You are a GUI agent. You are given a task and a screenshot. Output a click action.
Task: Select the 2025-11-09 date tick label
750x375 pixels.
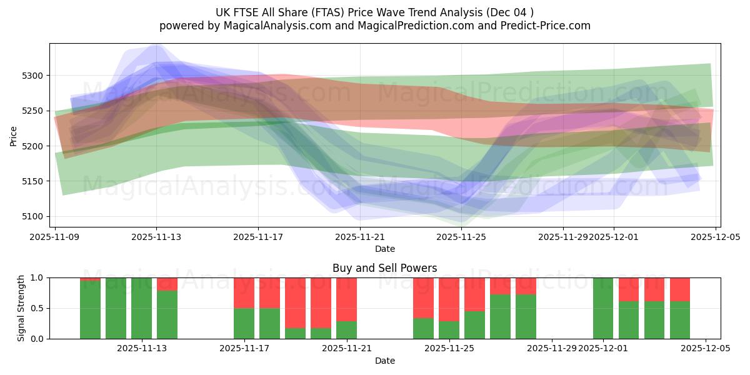pyautogui.click(x=55, y=237)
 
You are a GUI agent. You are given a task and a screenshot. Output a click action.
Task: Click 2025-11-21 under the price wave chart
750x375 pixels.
pyautogui.click(x=360, y=237)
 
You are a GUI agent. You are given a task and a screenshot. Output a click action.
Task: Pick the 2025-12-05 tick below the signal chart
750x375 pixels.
pyautogui.click(x=706, y=349)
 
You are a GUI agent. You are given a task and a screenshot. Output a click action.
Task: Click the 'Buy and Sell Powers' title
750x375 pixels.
pyautogui.click(x=384, y=269)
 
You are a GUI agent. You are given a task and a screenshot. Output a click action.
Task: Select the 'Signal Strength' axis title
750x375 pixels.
pyautogui.click(x=21, y=308)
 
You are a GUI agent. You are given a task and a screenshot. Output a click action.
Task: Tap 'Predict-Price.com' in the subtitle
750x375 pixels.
pyautogui.click(x=546, y=26)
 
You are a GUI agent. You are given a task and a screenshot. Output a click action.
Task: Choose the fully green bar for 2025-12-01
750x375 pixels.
pyautogui.click(x=603, y=308)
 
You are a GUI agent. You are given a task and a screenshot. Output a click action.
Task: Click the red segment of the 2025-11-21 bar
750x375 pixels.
pyautogui.click(x=346, y=299)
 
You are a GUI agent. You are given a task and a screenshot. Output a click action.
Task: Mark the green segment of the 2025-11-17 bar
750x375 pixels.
pyautogui.click(x=244, y=323)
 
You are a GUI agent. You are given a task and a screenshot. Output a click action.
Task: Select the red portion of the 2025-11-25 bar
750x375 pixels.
pyautogui.click(x=449, y=299)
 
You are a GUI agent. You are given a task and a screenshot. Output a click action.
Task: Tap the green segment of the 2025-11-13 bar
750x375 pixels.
pyautogui.click(x=141, y=308)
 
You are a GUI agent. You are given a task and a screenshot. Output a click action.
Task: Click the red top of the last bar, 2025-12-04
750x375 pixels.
pyautogui.click(x=680, y=289)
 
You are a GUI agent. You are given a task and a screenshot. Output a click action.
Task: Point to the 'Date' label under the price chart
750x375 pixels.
pyautogui.click(x=384, y=249)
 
